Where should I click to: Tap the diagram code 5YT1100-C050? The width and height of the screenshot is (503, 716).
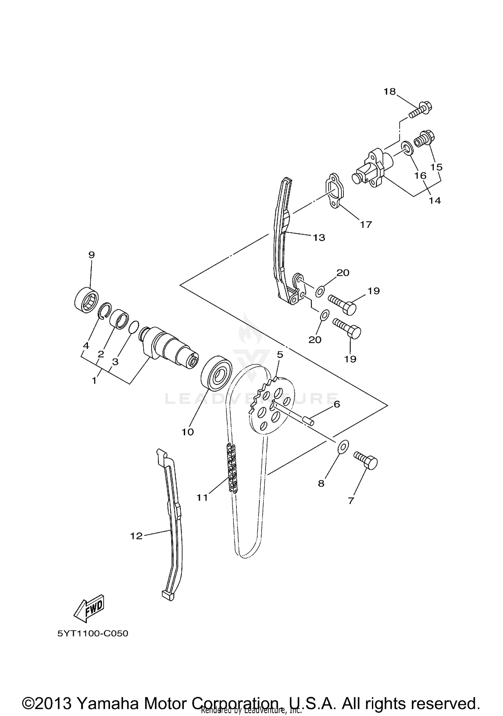pyautogui.click(x=93, y=634)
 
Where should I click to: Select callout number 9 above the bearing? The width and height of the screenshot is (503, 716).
pyautogui.click(x=92, y=255)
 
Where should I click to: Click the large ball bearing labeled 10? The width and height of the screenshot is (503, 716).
pyautogui.click(x=216, y=373)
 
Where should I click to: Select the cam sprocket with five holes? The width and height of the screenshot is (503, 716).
pyautogui.click(x=272, y=406)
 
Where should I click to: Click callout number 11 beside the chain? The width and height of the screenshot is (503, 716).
pyautogui.click(x=202, y=498)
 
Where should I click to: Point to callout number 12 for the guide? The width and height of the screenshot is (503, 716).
pyautogui.click(x=136, y=536)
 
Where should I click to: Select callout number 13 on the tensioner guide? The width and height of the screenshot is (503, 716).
pyautogui.click(x=319, y=238)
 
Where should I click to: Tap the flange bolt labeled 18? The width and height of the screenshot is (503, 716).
pyautogui.click(x=421, y=111)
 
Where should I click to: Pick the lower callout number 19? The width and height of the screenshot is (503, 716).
pyautogui.click(x=350, y=359)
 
